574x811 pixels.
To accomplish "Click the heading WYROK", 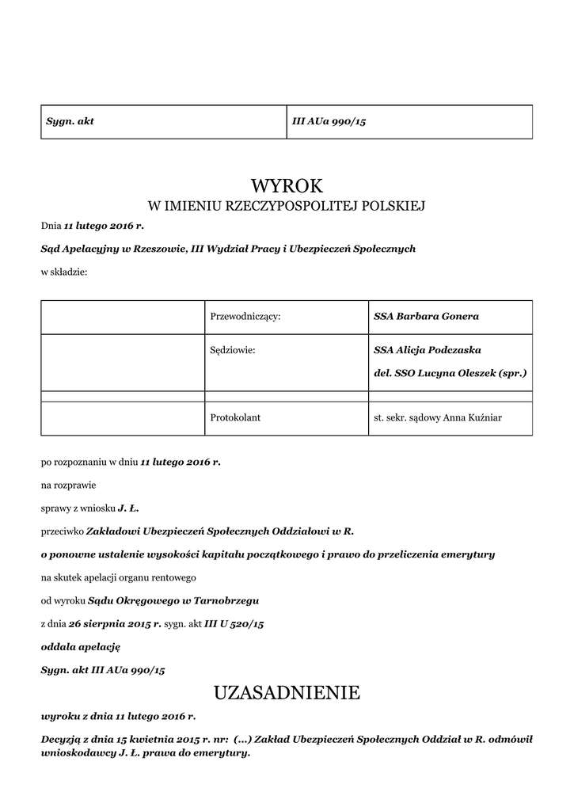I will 287,186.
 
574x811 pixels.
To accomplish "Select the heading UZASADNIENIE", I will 287,694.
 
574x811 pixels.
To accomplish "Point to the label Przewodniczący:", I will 245,316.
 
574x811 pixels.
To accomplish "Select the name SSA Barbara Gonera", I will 426,316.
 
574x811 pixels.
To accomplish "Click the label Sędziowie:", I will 233,349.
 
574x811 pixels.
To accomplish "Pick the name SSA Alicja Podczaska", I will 428,349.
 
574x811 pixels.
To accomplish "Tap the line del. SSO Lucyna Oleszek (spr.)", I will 450,371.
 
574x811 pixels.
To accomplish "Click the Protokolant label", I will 235,417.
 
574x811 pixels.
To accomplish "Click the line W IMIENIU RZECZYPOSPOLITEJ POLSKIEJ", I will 287,207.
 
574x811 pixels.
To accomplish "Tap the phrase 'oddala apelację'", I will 81,646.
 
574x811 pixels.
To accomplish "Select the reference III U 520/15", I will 234,624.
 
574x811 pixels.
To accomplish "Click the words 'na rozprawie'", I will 68,484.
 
